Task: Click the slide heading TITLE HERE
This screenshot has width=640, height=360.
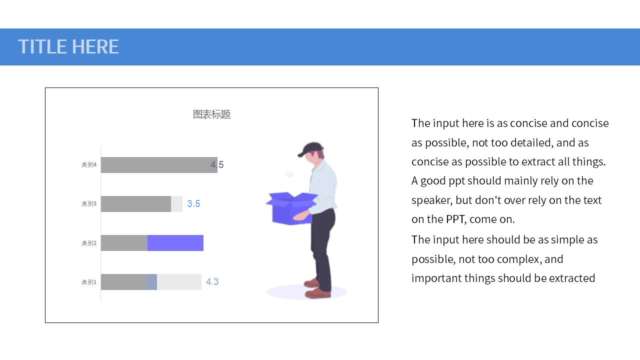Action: tap(68, 46)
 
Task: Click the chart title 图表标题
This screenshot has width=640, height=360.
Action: tap(211, 114)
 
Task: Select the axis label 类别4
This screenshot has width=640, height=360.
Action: tap(89, 165)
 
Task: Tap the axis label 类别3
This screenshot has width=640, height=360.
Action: tap(89, 203)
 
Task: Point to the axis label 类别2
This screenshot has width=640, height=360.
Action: tap(89, 243)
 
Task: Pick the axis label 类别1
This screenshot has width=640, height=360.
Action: tap(89, 282)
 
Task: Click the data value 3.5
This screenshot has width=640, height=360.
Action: tap(193, 203)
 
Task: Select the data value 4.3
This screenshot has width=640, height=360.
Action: tap(212, 281)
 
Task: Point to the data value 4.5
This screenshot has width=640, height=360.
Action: tap(217, 164)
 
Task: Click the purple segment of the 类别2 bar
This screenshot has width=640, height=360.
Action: tap(175, 243)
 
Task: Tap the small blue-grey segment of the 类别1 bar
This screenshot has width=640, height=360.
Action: tap(152, 282)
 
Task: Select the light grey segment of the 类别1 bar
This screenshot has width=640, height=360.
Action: tap(179, 282)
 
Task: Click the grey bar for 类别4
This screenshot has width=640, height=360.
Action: tap(159, 165)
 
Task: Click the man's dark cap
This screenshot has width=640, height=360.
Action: tap(310, 149)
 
